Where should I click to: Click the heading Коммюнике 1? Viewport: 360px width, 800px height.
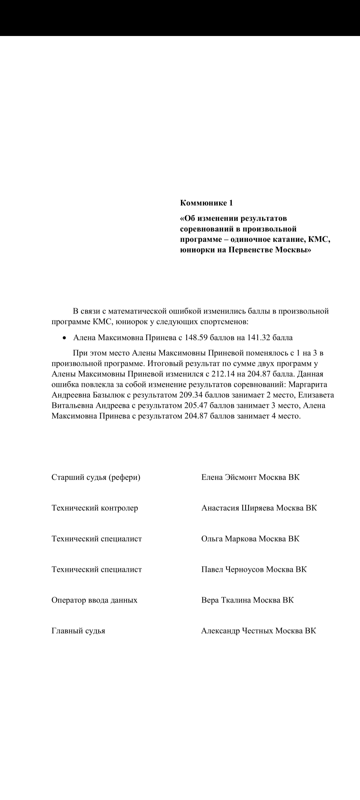206,203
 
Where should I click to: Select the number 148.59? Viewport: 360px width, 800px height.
197,338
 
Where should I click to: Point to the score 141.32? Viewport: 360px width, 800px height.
259,338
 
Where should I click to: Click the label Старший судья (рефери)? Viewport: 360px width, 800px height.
96,477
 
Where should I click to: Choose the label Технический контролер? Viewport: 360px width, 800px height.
95,508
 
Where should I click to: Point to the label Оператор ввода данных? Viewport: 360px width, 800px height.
94,600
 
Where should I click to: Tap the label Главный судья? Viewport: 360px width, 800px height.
78,631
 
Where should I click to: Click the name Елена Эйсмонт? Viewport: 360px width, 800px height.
229,477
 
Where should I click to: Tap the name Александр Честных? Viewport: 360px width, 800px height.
237,631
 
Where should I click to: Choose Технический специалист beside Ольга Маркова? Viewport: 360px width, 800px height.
97,539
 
